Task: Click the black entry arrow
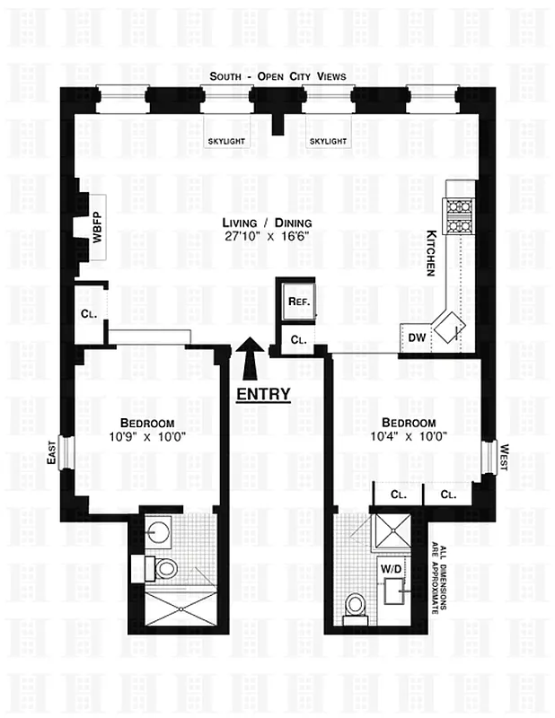tap(250, 361)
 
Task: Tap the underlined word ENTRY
tap(263, 393)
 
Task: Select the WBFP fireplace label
tap(96, 228)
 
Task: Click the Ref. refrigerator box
tap(299, 302)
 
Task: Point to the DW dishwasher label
tap(416, 338)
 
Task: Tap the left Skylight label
tap(226, 142)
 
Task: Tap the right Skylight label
tap(328, 142)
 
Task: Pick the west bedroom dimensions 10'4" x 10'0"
tap(408, 437)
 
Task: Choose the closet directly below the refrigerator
tap(299, 340)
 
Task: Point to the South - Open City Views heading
tap(277, 77)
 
